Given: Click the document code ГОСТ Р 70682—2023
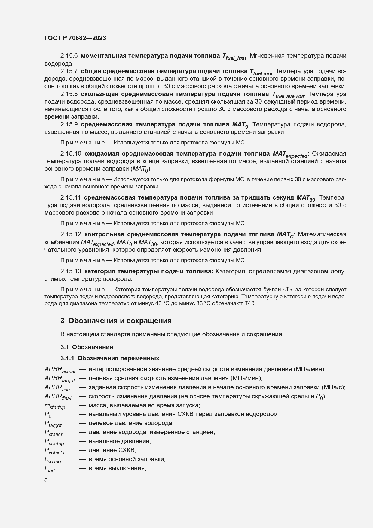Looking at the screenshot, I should [75, 38].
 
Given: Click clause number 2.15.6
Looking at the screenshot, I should [69, 56].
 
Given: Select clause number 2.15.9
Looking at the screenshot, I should [69, 125].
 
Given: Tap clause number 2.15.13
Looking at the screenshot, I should [71, 272].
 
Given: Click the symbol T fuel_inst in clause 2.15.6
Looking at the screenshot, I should [234, 57].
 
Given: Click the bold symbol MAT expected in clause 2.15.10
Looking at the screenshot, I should [290, 154].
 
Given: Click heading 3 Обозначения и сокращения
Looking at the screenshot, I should [116, 321].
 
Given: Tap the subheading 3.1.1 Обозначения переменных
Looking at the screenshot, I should [110, 358].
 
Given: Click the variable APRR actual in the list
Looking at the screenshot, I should [60, 370].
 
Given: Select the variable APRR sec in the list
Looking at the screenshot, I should [57, 388].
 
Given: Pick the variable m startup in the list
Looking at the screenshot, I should [54, 406].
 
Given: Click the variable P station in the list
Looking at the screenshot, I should [54, 433].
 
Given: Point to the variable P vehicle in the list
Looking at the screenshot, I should [54, 451].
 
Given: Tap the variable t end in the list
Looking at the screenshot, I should [50, 469].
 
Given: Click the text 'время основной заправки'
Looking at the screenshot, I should [127, 459].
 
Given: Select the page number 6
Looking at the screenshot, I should [46, 480].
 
